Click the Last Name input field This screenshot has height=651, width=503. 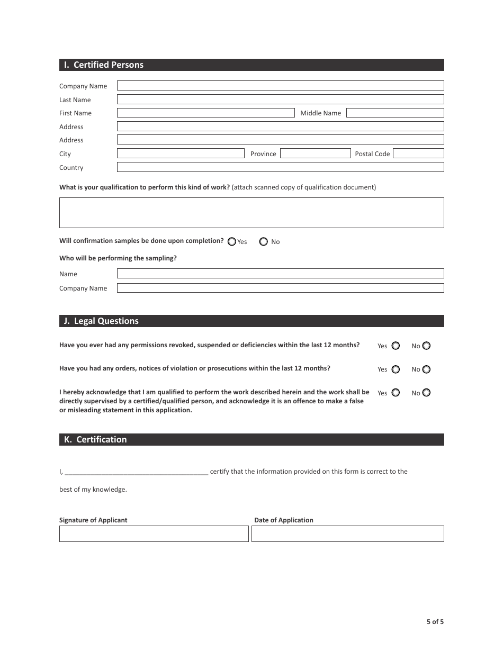(280, 100)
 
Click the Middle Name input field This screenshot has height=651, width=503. (395, 113)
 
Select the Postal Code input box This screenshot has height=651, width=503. (418, 153)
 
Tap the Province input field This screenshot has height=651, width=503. (315, 153)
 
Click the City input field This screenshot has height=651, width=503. (180, 153)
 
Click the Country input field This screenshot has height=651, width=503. (280, 167)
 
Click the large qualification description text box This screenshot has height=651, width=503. (251, 213)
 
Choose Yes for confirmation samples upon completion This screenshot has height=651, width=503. (232, 241)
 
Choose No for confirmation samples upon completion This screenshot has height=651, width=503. (264, 241)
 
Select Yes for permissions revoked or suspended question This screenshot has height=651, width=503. (396, 346)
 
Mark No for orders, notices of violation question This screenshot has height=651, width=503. (426, 369)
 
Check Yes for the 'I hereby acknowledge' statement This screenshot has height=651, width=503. (396, 393)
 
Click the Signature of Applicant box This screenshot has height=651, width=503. (154, 534)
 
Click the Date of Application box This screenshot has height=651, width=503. (347, 534)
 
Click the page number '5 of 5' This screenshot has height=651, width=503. (435, 622)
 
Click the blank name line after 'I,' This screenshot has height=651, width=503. (137, 472)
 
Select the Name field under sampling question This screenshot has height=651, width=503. (280, 274)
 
